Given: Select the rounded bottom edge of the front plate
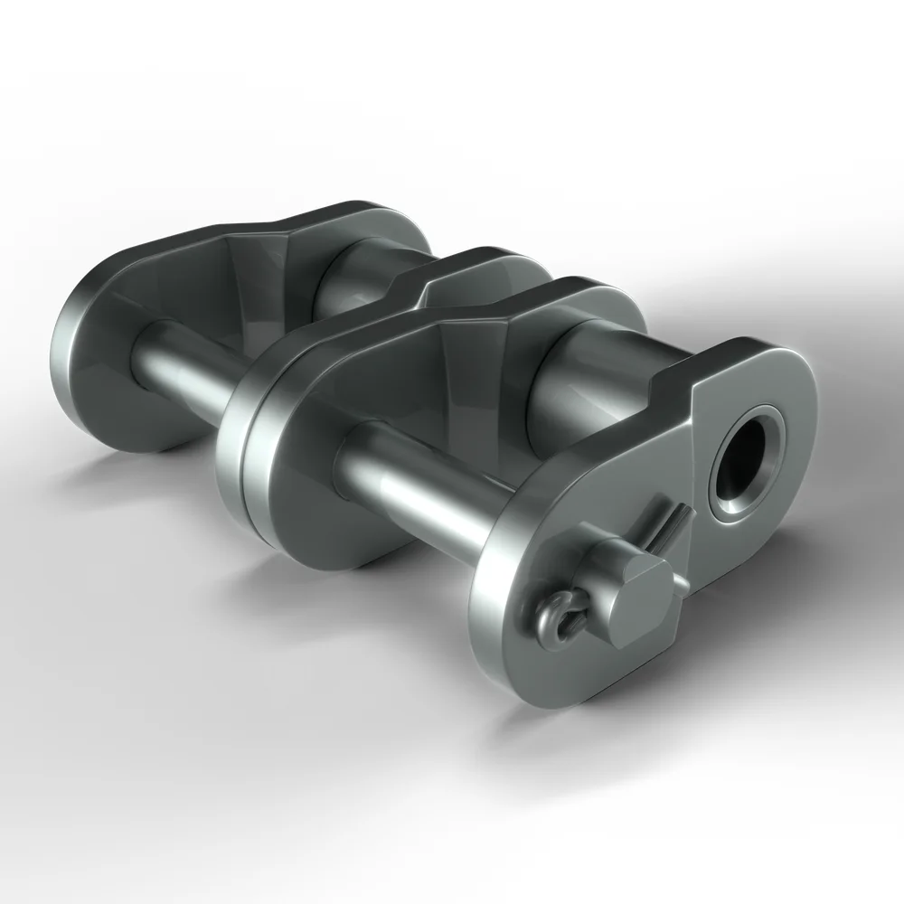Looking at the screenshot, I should (x=551, y=687).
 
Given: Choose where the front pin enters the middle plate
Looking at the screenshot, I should (x=348, y=452).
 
